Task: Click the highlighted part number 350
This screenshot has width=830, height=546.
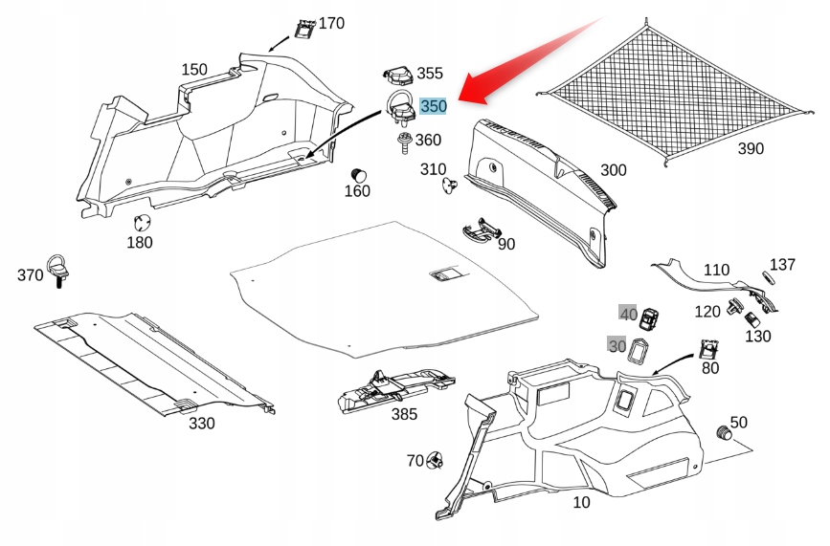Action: [434, 106]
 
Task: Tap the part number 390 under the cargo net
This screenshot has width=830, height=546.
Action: [751, 149]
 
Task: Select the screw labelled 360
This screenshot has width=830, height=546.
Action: [404, 142]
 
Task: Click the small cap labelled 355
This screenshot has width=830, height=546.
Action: [398, 76]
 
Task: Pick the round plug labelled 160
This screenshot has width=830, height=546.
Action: [359, 175]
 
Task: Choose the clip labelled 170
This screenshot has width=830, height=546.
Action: [304, 29]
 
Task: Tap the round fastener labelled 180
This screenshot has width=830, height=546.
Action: [142, 223]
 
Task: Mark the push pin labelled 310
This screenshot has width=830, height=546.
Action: [449, 185]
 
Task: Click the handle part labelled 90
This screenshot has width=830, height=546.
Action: [481, 230]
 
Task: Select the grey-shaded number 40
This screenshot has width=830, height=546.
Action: [628, 314]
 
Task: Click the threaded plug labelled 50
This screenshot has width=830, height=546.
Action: [724, 432]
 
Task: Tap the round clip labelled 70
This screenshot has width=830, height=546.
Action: [436, 461]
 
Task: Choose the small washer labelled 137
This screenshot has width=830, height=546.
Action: [768, 277]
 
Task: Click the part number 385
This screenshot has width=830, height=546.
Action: [404, 414]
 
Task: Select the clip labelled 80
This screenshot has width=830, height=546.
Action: [708, 348]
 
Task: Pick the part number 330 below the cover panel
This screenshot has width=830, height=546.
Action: [202, 424]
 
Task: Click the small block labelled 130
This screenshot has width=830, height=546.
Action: [752, 319]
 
